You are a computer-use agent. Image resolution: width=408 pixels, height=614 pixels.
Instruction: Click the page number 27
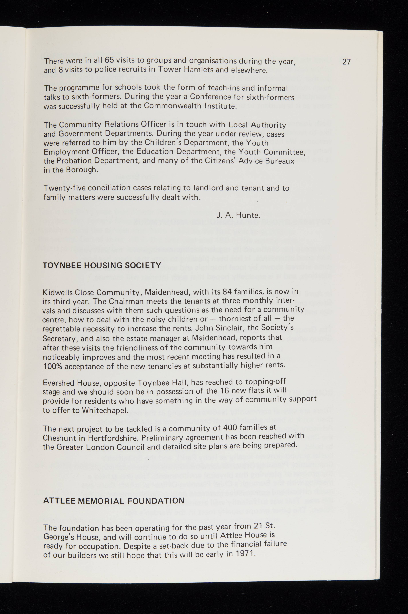pyautogui.click(x=346, y=62)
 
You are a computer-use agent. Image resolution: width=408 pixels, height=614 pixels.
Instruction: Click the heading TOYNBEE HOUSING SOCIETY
pyautogui.click(x=102, y=265)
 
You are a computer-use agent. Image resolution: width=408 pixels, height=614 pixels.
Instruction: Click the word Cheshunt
pyautogui.click(x=59, y=438)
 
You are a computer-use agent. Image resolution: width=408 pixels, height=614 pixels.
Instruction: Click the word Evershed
pyautogui.click(x=58, y=383)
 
